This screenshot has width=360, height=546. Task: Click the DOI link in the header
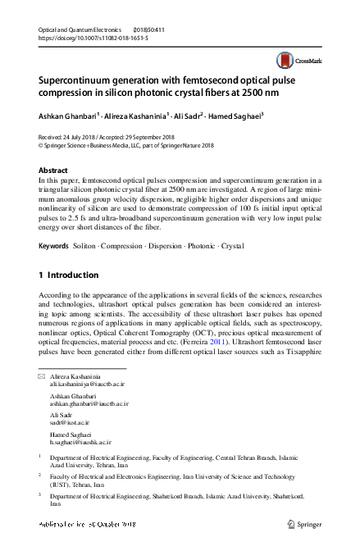pyautogui.click(x=79, y=38)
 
